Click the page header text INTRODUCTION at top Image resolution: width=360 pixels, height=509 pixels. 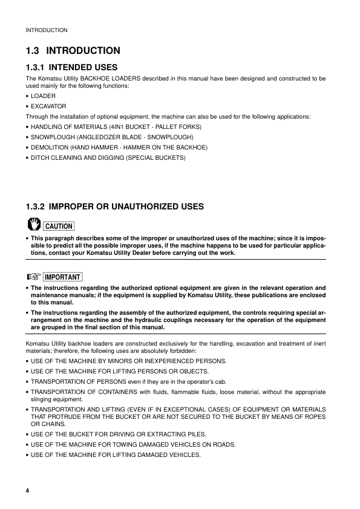point(46,30)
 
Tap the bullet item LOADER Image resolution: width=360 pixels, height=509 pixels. point(43,96)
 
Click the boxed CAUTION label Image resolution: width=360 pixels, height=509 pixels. point(59,226)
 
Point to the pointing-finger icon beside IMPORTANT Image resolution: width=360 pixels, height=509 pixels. point(33,277)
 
